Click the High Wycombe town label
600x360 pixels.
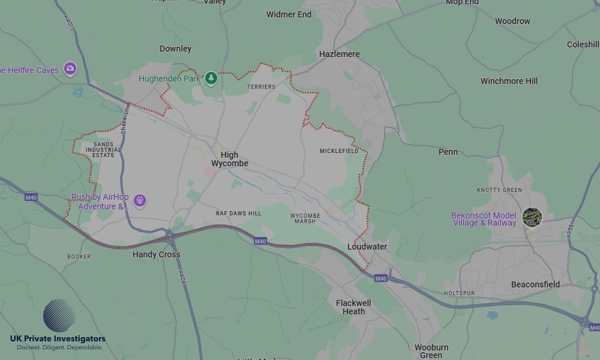pyautogui.click(x=229, y=159)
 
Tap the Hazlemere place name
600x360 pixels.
pyautogui.click(x=339, y=54)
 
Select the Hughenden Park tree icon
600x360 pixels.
pyautogui.click(x=211, y=78)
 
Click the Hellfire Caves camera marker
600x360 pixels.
pyautogui.click(x=70, y=69)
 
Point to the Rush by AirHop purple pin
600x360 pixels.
pyautogui.click(x=140, y=200)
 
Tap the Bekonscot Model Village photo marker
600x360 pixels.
pyautogui.click(x=532, y=217)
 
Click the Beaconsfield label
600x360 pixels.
pyautogui.click(x=535, y=284)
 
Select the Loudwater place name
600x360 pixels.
pyautogui.click(x=367, y=247)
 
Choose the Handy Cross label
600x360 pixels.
pyautogui.click(x=156, y=254)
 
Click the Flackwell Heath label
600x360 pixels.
pyautogui.click(x=353, y=307)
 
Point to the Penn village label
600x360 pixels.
pyautogui.click(x=448, y=152)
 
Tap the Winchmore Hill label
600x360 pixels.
pyautogui.click(x=509, y=81)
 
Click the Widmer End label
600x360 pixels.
pyautogui.click(x=289, y=14)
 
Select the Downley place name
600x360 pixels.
pyautogui.click(x=175, y=49)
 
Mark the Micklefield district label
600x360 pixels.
pyautogui.click(x=338, y=151)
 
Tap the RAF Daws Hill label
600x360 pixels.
pyautogui.click(x=238, y=214)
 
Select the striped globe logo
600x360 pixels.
pyautogui.click(x=59, y=316)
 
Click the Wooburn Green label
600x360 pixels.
pyautogui.click(x=431, y=351)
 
